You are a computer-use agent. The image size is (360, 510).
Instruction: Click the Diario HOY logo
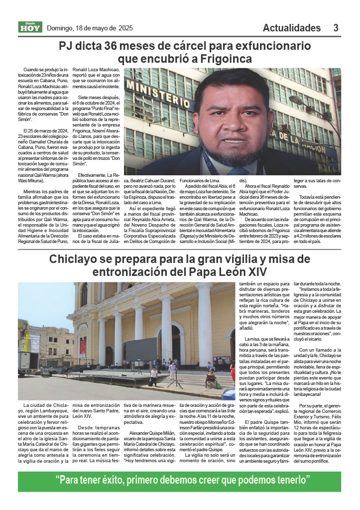(x=30, y=27)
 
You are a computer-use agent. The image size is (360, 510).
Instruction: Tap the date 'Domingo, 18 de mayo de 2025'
(x=90, y=28)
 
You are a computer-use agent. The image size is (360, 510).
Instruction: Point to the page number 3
(x=336, y=28)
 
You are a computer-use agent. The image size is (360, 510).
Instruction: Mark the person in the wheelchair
(x=211, y=379)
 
